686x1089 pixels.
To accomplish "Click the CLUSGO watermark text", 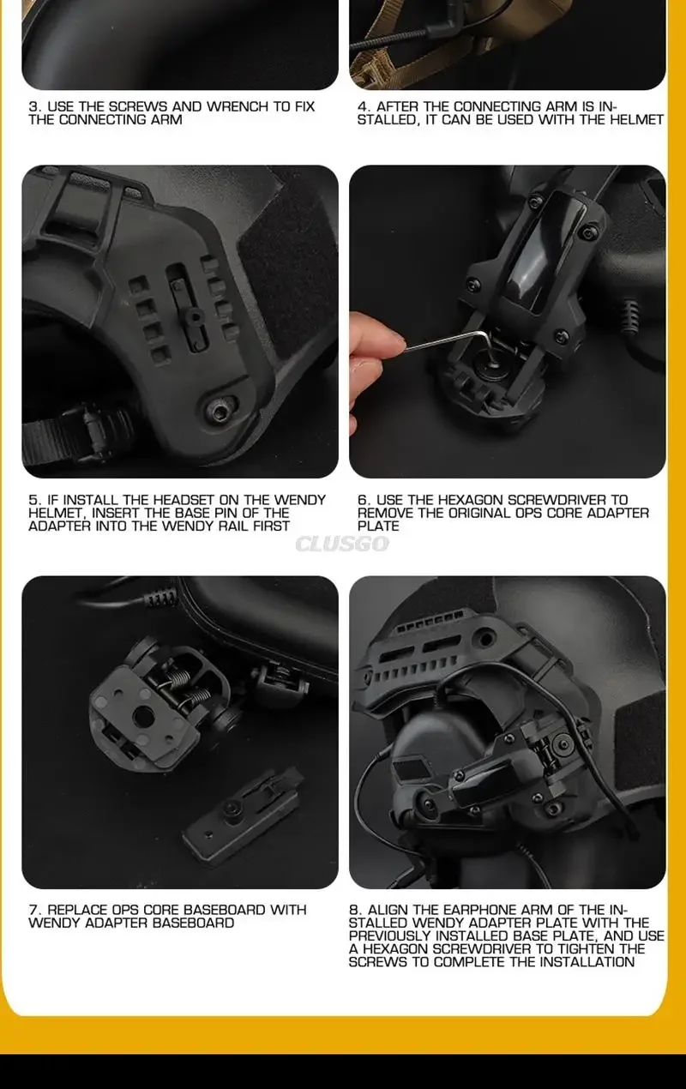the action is click(x=342, y=544).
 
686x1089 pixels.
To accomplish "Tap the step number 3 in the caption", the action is click(x=33, y=106).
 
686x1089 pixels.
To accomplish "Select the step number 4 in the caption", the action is click(x=362, y=106).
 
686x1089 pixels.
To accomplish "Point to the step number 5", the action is click(x=33, y=500).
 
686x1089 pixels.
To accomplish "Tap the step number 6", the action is click(x=362, y=500).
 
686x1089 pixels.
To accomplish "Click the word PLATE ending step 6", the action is click(x=378, y=526).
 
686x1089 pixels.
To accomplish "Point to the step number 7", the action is click(x=33, y=910).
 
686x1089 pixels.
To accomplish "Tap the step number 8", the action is click(x=354, y=910).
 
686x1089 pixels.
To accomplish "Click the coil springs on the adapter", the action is click(x=189, y=686).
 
